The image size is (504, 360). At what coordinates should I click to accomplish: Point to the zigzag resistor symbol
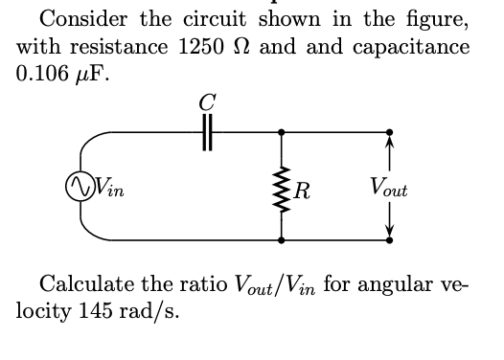[281, 188]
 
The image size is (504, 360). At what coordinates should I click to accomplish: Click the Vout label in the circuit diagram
[388, 189]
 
